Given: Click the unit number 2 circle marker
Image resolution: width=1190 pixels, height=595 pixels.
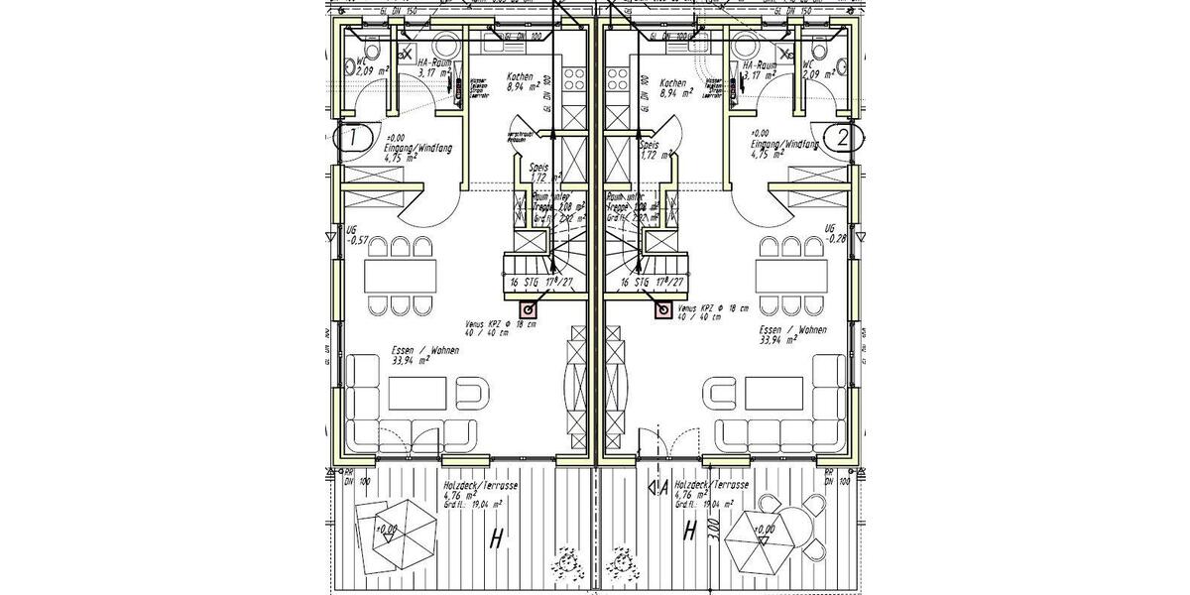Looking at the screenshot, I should tap(842, 138).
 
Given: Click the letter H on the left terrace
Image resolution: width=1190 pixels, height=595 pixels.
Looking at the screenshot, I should tap(494, 538).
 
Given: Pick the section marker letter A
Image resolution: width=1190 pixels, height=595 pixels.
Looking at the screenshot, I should tap(660, 487).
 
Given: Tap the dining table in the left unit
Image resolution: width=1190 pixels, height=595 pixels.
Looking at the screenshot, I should tap(400, 272).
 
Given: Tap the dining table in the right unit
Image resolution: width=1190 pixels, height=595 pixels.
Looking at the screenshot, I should tap(790, 272).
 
